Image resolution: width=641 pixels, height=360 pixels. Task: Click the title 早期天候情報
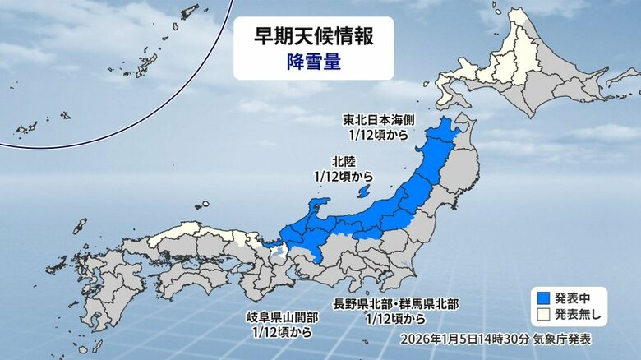[313, 38]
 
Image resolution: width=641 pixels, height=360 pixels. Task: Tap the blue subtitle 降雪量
[313, 61]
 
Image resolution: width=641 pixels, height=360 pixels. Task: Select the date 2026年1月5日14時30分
[452, 338]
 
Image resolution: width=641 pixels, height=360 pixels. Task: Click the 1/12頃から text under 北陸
[344, 176]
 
